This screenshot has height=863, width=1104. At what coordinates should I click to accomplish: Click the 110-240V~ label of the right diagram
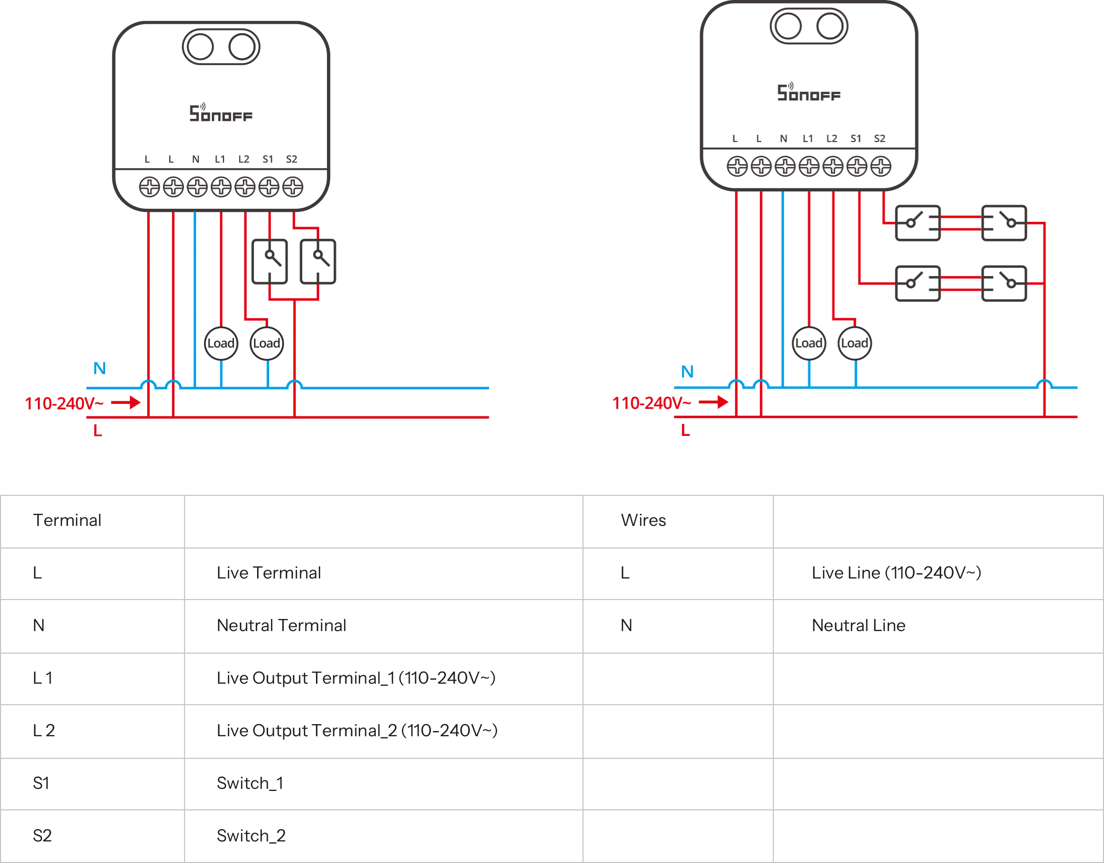(x=651, y=404)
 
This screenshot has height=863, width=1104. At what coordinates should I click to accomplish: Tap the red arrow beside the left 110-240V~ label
(x=126, y=403)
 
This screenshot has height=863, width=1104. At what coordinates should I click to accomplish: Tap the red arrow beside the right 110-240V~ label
(x=714, y=403)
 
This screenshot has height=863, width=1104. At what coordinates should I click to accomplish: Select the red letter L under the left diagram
(x=98, y=430)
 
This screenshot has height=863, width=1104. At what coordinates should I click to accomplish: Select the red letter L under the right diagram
(x=687, y=430)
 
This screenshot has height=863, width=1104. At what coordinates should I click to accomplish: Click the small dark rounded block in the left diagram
(x=246, y=343)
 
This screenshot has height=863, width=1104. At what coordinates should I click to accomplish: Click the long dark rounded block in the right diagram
(x=915, y=343)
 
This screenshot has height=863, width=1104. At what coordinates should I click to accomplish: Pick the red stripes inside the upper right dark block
(x=961, y=225)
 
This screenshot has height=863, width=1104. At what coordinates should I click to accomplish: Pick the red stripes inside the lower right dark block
(x=961, y=284)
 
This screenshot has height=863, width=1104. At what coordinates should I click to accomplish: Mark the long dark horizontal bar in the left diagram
(x=489, y=261)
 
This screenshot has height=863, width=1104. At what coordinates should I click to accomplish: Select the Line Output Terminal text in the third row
(x=355, y=678)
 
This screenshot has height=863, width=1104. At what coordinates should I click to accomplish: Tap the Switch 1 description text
(x=248, y=784)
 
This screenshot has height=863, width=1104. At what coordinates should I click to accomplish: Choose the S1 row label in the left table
(x=40, y=784)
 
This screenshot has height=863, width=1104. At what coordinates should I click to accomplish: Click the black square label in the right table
(x=626, y=625)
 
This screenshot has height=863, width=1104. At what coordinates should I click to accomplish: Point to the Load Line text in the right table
(x=897, y=572)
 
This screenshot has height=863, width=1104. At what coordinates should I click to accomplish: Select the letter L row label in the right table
(x=624, y=572)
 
